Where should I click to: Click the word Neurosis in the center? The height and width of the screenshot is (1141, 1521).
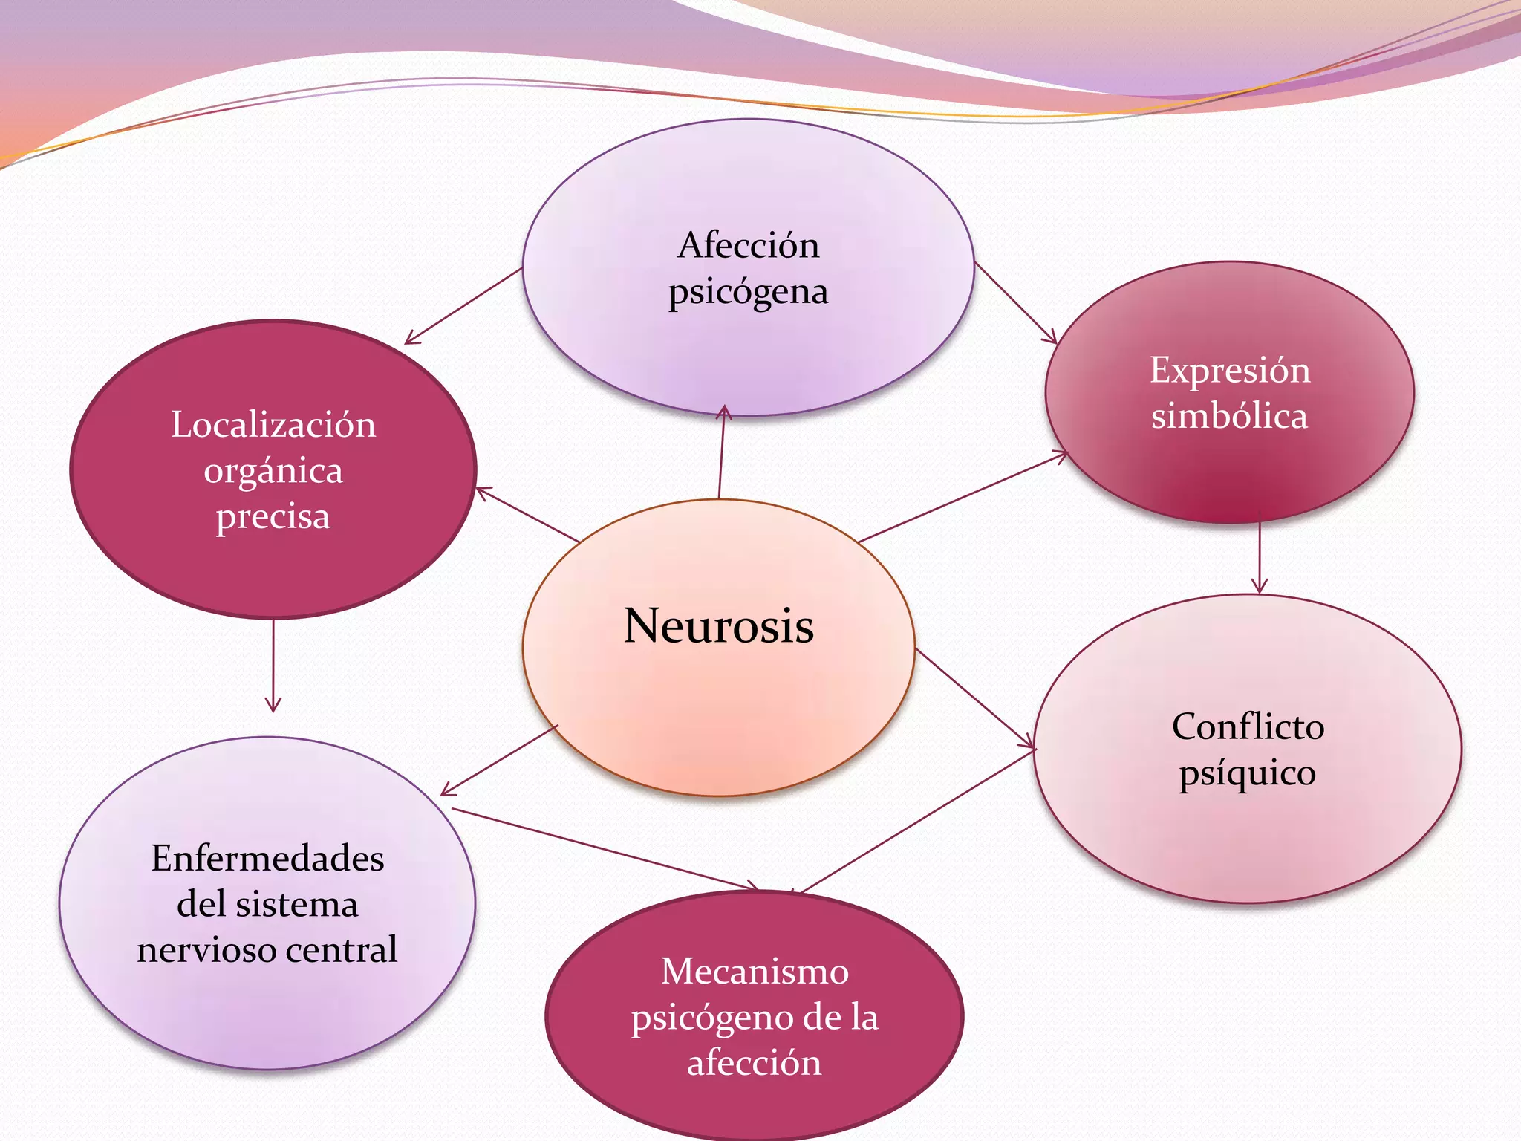pyautogui.click(x=718, y=625)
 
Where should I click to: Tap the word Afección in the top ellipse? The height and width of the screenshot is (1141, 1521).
pyautogui.click(x=748, y=245)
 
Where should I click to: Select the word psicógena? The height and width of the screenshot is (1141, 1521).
pyautogui.click(x=748, y=292)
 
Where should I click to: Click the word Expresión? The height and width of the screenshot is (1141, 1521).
pyautogui.click(x=1230, y=370)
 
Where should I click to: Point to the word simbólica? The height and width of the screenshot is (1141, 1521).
pyautogui.click(x=1229, y=415)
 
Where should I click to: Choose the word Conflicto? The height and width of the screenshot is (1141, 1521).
pyautogui.click(x=1248, y=726)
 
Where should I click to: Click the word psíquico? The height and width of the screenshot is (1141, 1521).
pyautogui.click(x=1248, y=773)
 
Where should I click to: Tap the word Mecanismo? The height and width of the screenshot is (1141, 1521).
pyautogui.click(x=755, y=971)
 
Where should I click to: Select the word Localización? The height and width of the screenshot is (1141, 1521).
pyautogui.click(x=273, y=425)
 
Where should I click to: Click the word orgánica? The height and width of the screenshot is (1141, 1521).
pyautogui.click(x=273, y=471)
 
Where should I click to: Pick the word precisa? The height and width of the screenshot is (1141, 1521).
pyautogui.click(x=273, y=517)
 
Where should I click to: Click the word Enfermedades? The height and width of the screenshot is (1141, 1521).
pyautogui.click(x=267, y=859)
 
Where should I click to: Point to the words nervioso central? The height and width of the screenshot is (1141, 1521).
pyautogui.click(x=267, y=950)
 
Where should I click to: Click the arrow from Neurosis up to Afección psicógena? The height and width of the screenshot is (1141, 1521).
pyautogui.click(x=722, y=453)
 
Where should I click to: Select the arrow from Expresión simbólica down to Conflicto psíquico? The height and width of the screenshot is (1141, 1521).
pyautogui.click(x=1259, y=553)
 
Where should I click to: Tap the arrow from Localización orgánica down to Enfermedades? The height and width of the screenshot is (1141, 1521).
pyautogui.click(x=273, y=665)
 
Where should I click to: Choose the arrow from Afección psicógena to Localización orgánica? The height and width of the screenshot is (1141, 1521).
pyautogui.click(x=464, y=306)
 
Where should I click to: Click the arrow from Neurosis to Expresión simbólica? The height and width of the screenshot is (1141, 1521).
pyautogui.click(x=963, y=496)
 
